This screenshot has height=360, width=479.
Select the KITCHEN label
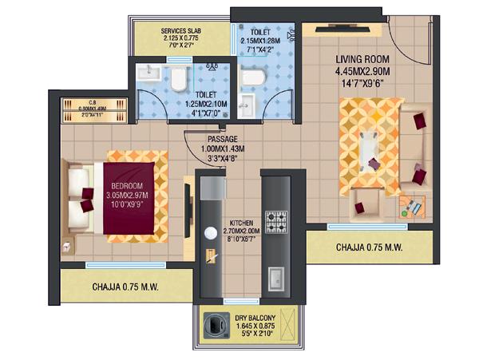coord(242,223)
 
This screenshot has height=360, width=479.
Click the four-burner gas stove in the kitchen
coord(276,219)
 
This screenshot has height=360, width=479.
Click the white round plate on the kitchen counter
coord(212,233)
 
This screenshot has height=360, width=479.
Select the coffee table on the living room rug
coord(369,146)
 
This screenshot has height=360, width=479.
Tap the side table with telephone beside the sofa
coord(411,208)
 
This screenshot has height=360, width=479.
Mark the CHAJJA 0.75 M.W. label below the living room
coord(364,247)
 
